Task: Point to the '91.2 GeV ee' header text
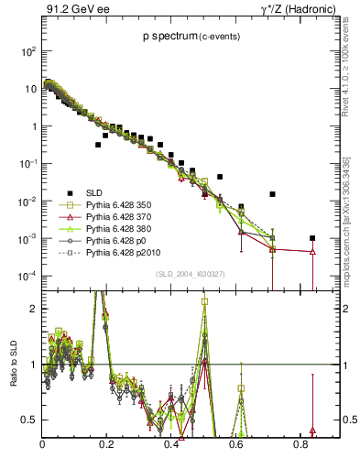[72, 9]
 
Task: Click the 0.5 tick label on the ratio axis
[29, 420]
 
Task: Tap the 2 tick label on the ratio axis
[34, 309]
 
